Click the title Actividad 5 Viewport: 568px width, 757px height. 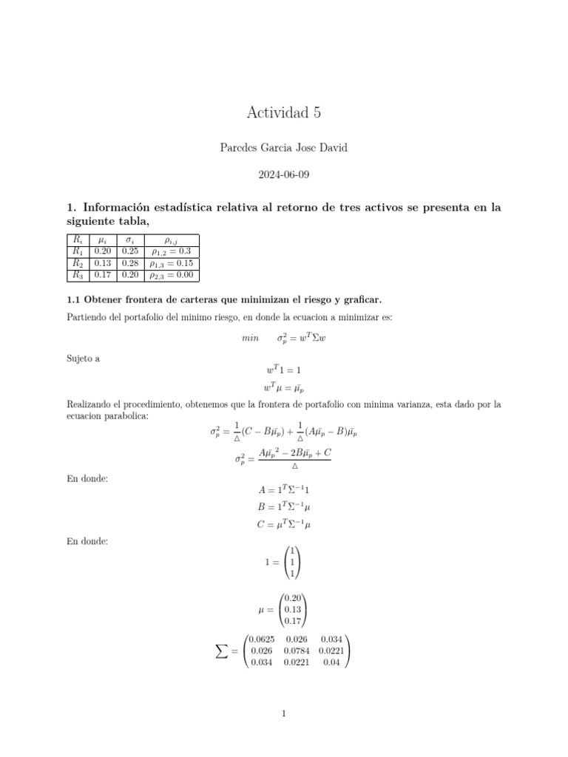[284, 113]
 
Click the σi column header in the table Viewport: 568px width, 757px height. [130, 240]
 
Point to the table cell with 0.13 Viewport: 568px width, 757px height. [103, 263]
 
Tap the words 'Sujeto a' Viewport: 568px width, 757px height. [83, 358]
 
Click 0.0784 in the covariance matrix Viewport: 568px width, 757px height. [296, 651]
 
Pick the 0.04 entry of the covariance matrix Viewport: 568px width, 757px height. [331, 662]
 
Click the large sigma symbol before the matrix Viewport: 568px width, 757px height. [221, 651]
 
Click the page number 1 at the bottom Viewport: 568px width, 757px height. [284, 713]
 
